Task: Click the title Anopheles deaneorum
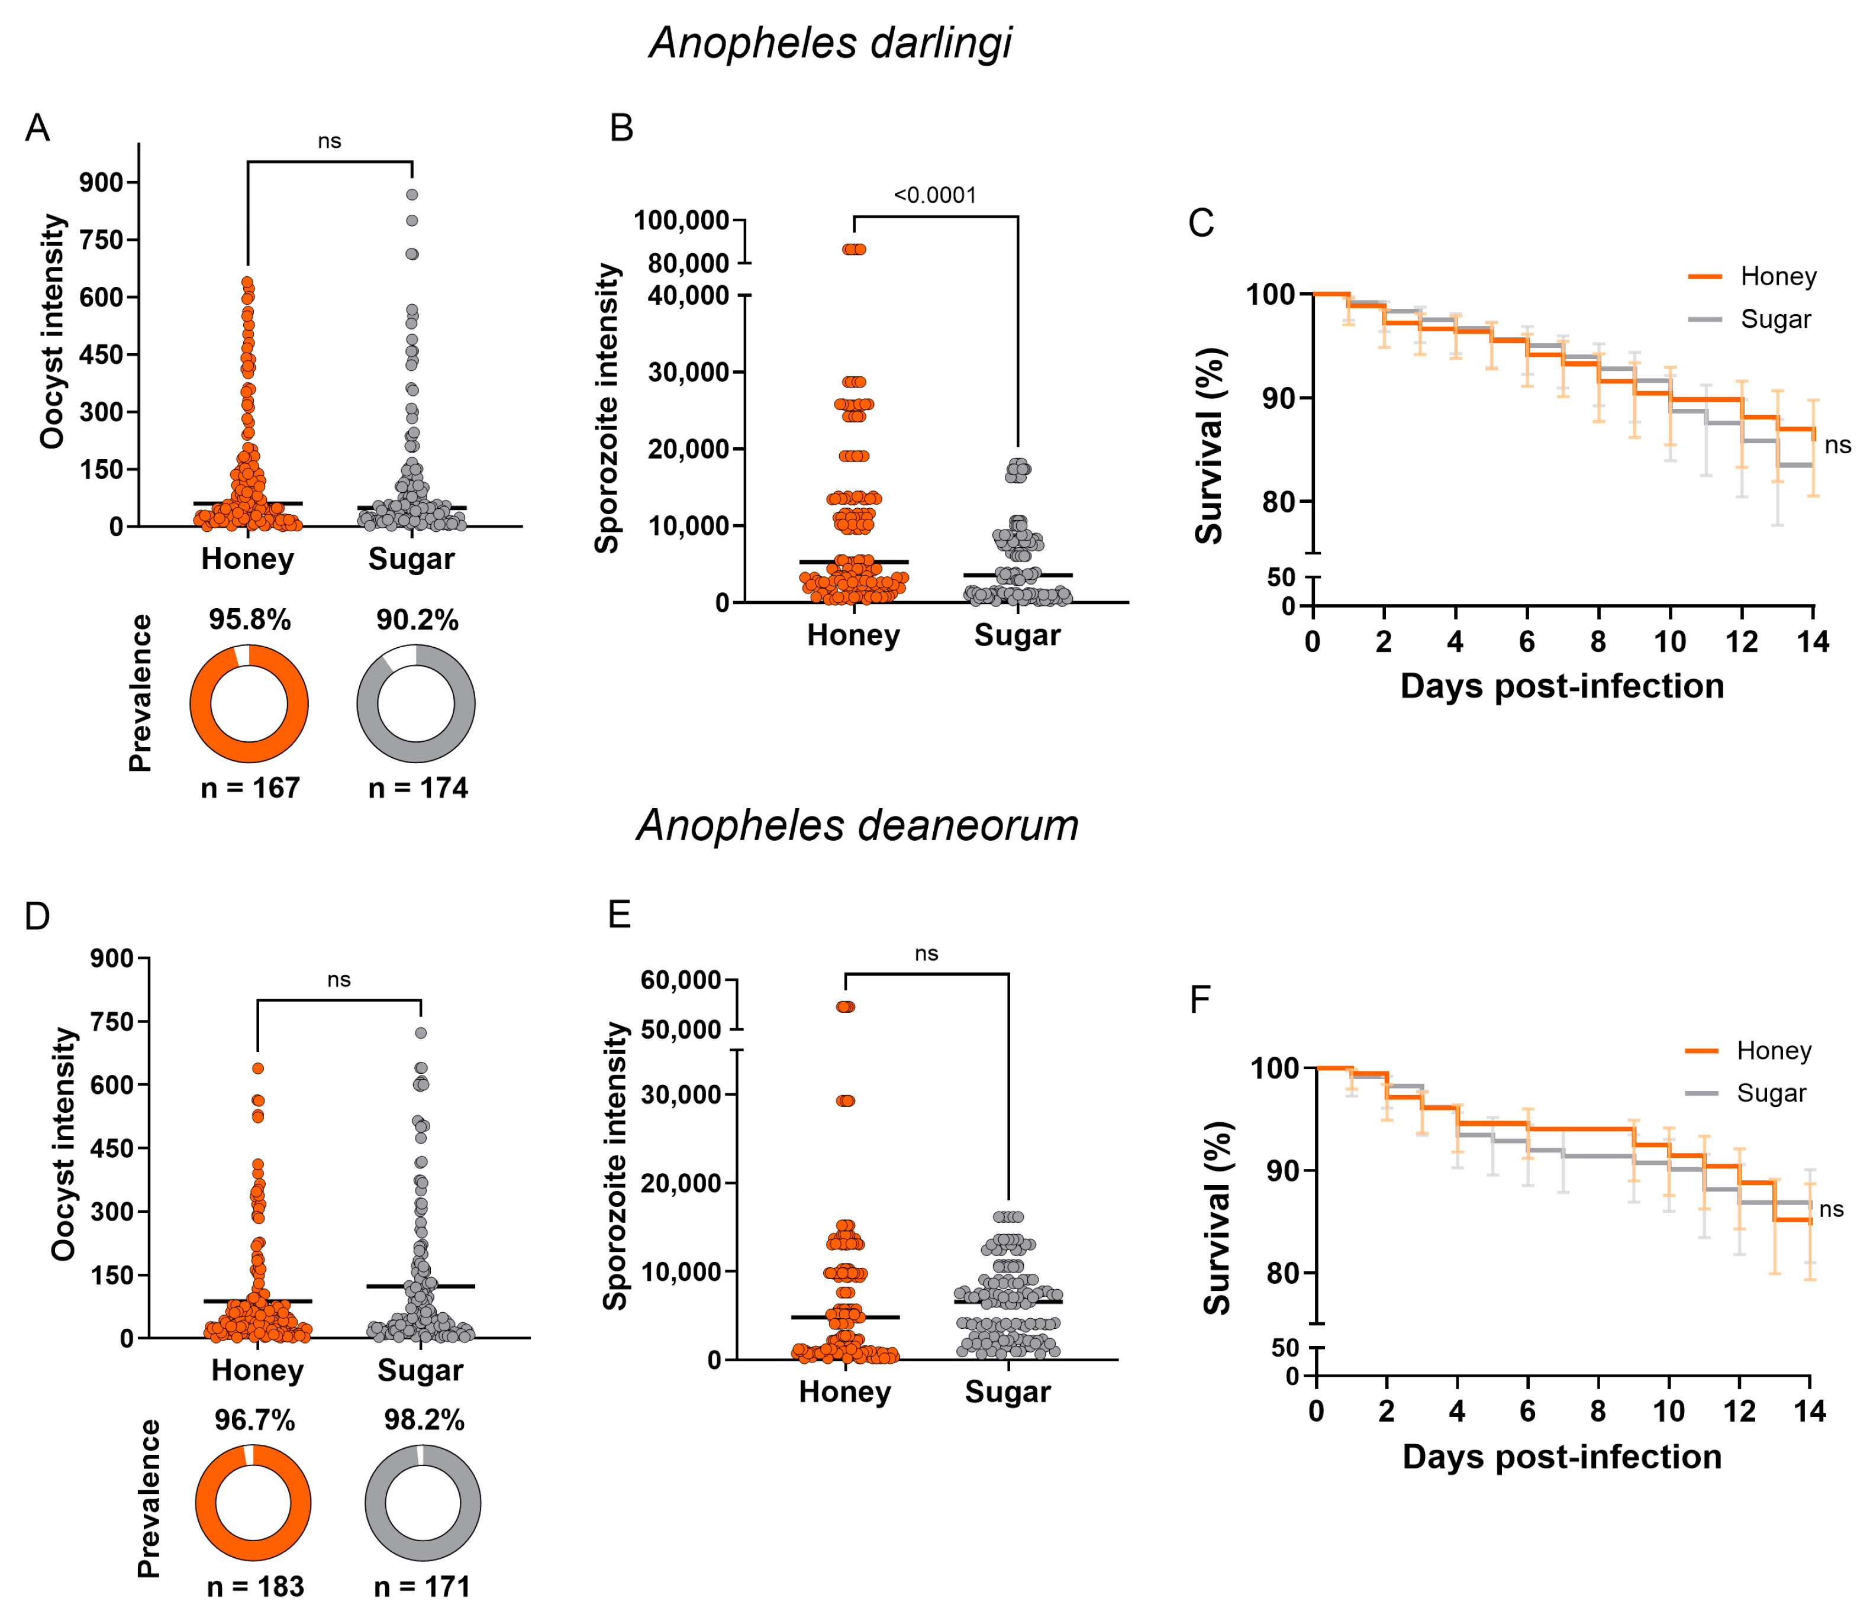pos(857,825)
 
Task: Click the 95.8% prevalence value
pos(249,620)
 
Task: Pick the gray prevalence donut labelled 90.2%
pos(416,704)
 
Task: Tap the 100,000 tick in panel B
pos(682,220)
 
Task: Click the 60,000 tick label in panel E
pos(681,980)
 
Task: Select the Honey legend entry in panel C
pos(1752,276)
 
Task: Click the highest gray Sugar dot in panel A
pos(411,195)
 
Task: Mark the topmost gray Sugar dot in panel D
pos(421,1033)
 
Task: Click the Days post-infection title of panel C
pos(1562,686)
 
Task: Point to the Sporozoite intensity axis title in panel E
pos(617,1166)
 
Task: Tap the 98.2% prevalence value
pos(424,1420)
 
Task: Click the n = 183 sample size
pos(256,1587)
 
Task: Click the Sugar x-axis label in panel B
pos(1017,635)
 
